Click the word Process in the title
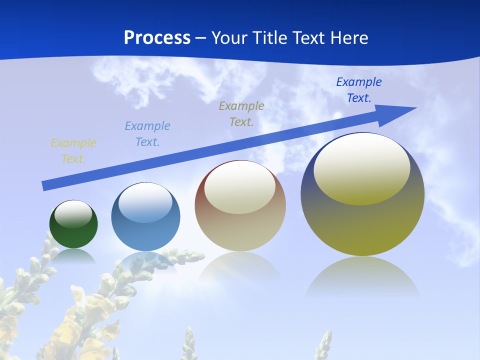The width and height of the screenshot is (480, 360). coord(157,38)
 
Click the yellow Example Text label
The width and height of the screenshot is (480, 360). coord(73,151)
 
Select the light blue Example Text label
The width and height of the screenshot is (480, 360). coord(147,134)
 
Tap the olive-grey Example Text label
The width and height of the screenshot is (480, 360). coord(241,114)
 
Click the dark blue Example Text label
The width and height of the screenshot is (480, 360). coord(359,90)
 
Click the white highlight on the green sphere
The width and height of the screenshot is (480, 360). coord(73,214)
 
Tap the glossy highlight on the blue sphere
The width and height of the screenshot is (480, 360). coord(145,202)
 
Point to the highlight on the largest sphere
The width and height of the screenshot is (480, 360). coord(361,169)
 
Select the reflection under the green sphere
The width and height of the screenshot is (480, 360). coord(73,255)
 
